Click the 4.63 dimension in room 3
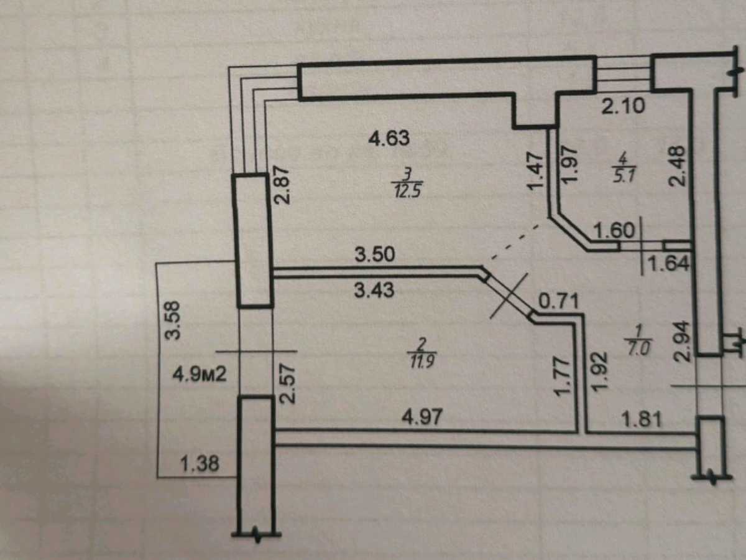[389, 139]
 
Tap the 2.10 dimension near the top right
[623, 106]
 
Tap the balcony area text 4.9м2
[200, 375]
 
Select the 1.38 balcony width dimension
[200, 464]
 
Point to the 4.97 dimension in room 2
[422, 416]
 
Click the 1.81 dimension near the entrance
[642, 419]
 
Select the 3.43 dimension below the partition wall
[374, 291]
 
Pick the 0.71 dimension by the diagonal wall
[559, 301]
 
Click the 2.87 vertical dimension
[282, 185]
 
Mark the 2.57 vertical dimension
[287, 383]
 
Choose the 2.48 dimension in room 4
[676, 166]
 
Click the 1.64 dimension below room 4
[669, 263]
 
